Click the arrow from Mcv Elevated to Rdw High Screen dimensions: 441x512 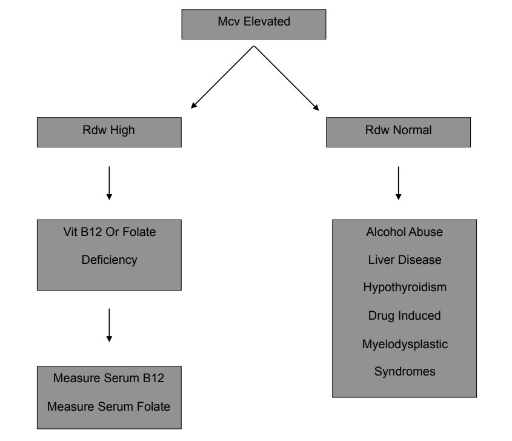pos(221,78)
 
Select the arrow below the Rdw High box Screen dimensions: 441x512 pos(109,183)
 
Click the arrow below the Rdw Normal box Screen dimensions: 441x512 pos(398,183)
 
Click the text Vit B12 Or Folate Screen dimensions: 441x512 pos(109,232)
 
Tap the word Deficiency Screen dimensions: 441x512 pos(109,260)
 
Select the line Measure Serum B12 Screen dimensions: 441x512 pos(108,378)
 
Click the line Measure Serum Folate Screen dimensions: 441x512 pos(108,406)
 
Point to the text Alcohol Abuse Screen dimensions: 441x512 pos(404,232)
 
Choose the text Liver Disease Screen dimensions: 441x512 pos(404,260)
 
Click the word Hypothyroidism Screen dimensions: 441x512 pos(404,287)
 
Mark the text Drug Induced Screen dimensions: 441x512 pos(404,315)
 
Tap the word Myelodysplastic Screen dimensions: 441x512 pos(405,344)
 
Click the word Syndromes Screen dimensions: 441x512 pos(404,371)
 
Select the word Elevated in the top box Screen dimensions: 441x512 pos(267,21)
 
